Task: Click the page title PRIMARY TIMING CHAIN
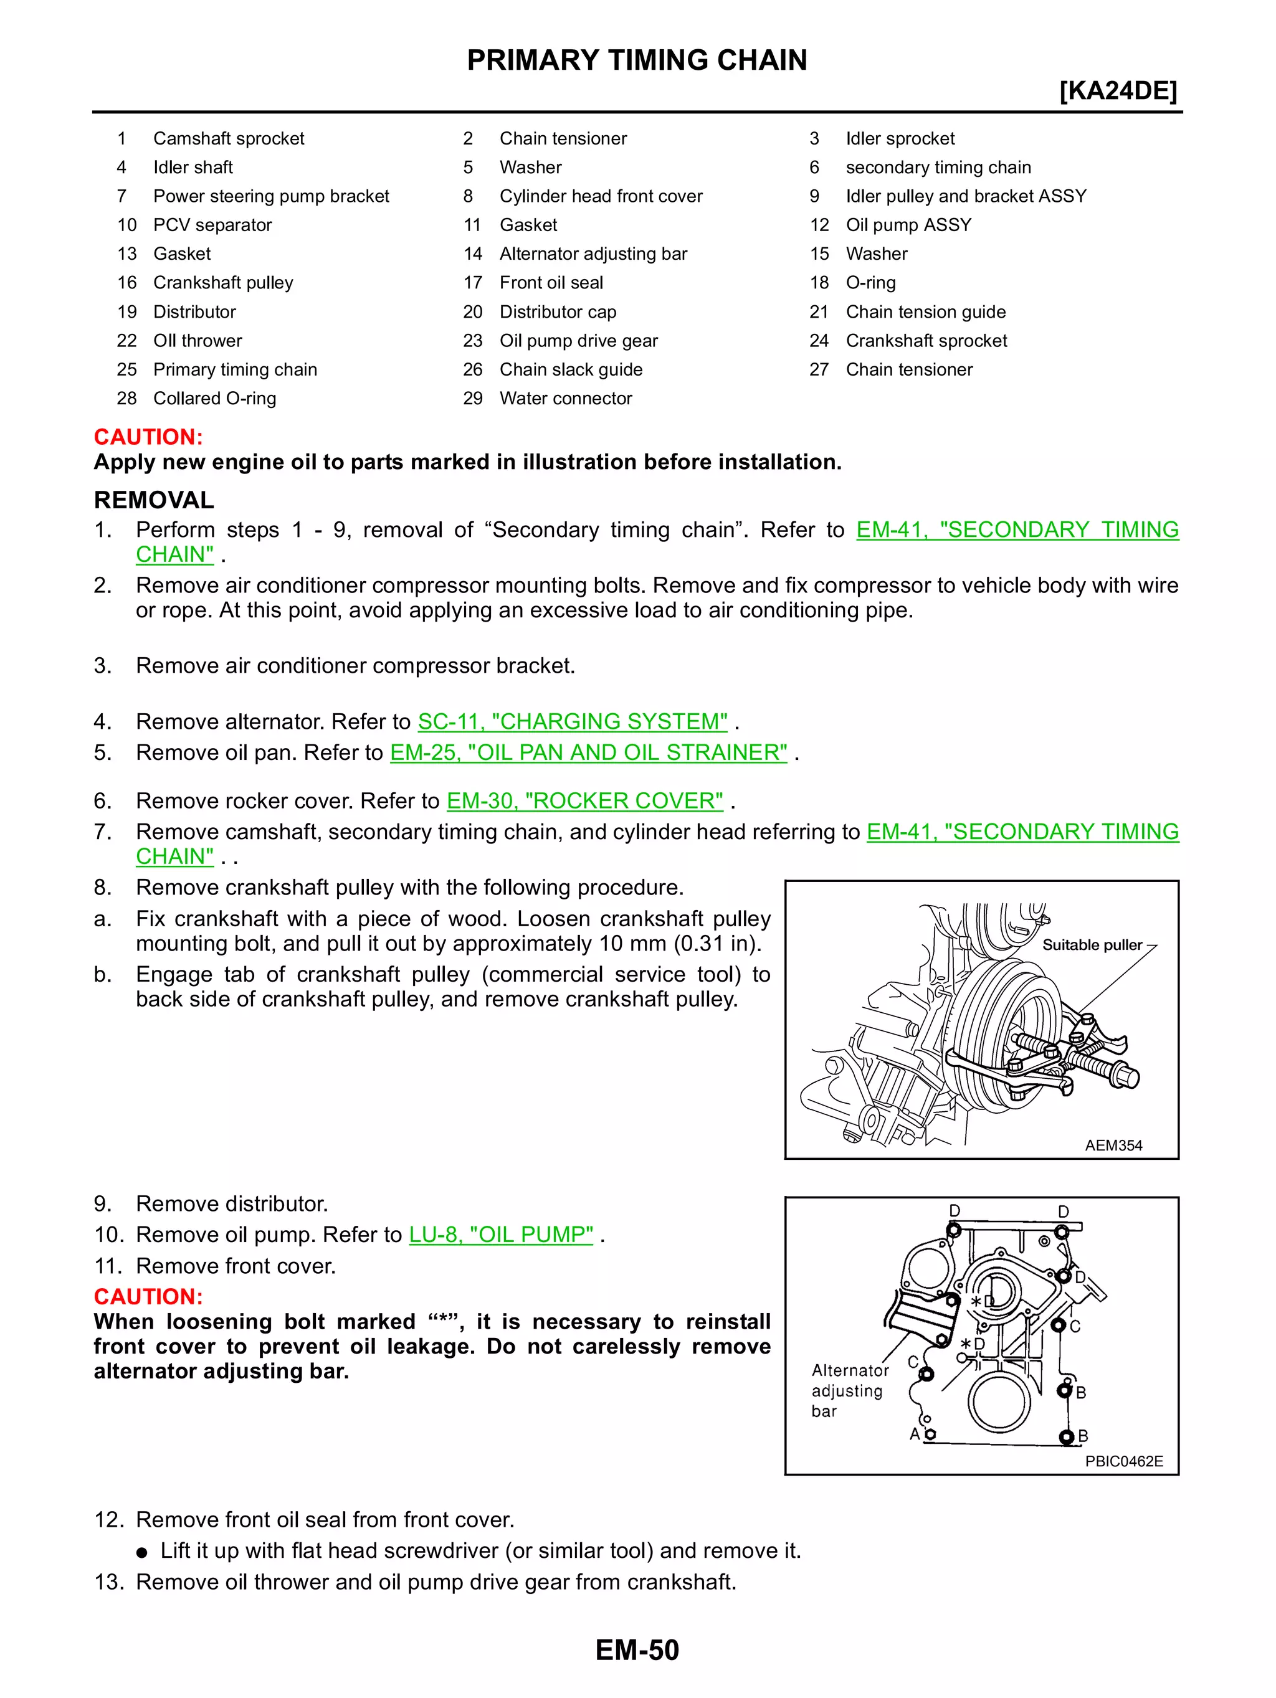[x=637, y=60]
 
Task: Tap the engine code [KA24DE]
[x=1117, y=90]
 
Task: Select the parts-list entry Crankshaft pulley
[x=222, y=283]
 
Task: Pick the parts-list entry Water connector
[x=565, y=399]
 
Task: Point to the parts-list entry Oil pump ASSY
[x=908, y=225]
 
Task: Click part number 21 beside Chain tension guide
[x=819, y=311]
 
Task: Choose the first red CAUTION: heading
[x=148, y=437]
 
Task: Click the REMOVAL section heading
[x=153, y=500]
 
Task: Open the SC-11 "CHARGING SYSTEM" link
[x=572, y=721]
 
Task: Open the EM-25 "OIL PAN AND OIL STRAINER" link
[x=588, y=752]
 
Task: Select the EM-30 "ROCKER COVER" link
[x=584, y=800]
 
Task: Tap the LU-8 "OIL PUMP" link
[x=500, y=1235]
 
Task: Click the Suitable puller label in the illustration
[x=1091, y=945]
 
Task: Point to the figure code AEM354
[x=1113, y=1145]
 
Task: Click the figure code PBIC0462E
[x=1123, y=1461]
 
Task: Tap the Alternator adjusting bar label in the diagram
[x=849, y=1390]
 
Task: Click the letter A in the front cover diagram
[x=913, y=1434]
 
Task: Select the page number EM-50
[x=637, y=1649]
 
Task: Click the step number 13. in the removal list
[x=109, y=1582]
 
